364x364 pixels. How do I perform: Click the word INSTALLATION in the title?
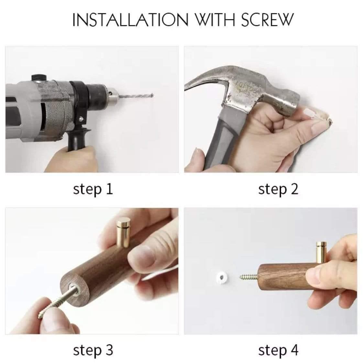130,20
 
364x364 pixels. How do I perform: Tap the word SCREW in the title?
267,20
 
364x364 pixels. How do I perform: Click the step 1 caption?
93,189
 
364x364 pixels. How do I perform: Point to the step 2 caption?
278,189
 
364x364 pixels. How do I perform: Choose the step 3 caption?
93,350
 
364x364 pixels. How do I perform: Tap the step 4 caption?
278,350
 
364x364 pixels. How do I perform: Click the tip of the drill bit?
152,95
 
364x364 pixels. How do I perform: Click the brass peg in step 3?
123,232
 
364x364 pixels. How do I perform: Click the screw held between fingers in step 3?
58,302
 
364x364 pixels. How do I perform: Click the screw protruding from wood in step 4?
248,277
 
